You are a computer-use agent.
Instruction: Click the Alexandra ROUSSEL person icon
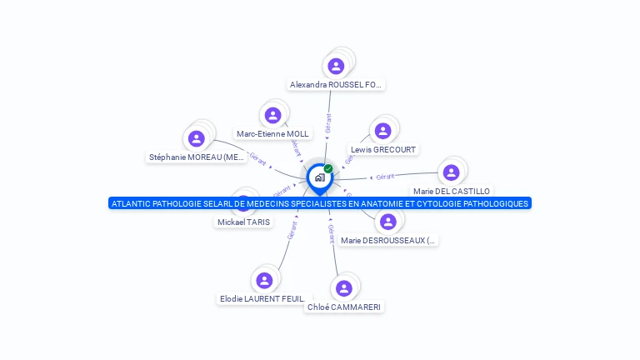point(336,66)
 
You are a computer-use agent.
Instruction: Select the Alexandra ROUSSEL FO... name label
point(336,84)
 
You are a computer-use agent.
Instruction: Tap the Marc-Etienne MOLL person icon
point(272,115)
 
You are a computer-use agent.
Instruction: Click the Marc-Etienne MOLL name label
point(272,133)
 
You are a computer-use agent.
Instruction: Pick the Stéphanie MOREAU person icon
point(196,138)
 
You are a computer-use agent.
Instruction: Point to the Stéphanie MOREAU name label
point(197,157)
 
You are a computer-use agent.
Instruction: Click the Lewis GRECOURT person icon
point(382,131)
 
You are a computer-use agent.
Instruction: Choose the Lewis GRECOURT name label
point(383,150)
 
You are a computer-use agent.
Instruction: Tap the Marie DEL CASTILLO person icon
point(451,172)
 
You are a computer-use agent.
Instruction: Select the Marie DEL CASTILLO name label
point(452,191)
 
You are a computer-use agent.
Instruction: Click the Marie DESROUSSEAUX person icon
point(387,222)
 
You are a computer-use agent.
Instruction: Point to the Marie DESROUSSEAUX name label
point(387,240)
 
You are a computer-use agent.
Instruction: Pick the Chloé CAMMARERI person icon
point(344,288)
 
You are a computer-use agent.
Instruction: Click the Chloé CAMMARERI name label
point(344,307)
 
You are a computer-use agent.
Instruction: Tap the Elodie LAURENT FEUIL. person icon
point(264,280)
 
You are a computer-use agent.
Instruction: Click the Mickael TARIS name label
point(244,222)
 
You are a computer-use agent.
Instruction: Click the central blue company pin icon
point(318,177)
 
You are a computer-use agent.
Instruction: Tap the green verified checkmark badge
point(328,168)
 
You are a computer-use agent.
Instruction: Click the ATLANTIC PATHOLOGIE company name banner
point(319,203)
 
